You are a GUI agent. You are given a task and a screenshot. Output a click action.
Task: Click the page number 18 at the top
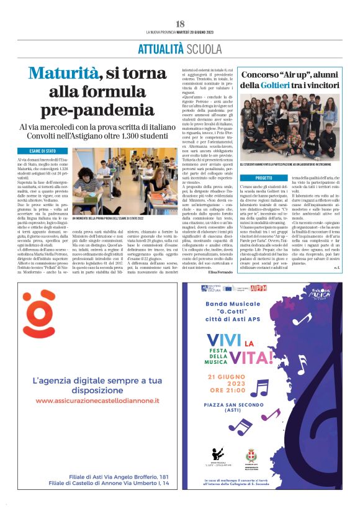click(180, 22)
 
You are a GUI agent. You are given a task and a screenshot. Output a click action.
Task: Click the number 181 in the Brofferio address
click(161, 476)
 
